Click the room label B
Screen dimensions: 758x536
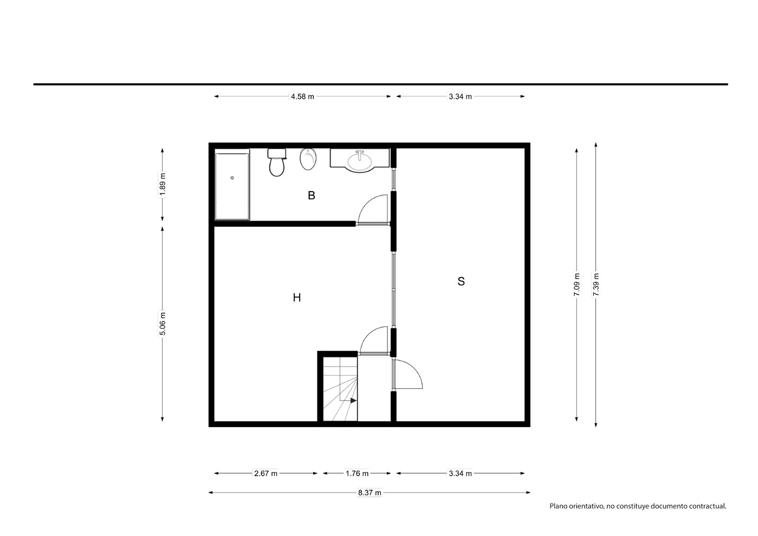(x=312, y=195)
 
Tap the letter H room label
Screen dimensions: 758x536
(x=296, y=298)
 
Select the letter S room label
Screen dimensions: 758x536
(x=461, y=282)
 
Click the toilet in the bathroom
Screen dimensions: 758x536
(x=277, y=162)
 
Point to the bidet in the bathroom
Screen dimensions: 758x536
(x=308, y=159)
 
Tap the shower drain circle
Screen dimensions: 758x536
(x=232, y=178)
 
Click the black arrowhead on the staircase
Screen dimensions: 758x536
(x=353, y=401)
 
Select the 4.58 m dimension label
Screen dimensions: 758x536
(x=302, y=97)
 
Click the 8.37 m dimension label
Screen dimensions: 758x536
(x=370, y=493)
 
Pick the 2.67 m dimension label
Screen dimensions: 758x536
(x=265, y=473)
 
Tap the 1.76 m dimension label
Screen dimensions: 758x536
(x=357, y=473)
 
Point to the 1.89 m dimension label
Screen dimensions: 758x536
(x=163, y=184)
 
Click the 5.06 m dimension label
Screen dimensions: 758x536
(x=163, y=324)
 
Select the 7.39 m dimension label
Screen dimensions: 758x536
(x=596, y=285)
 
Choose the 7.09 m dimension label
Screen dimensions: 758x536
(x=577, y=285)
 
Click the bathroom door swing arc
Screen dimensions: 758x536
(x=366, y=202)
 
